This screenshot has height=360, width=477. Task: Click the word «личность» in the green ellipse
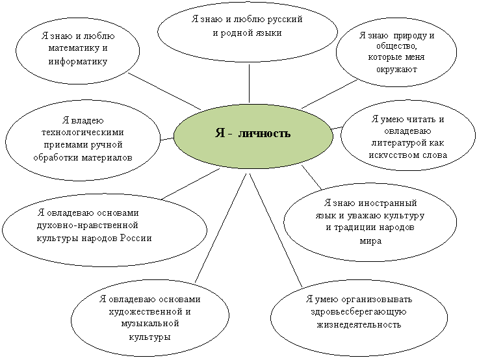(264, 133)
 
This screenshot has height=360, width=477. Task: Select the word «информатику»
(78, 62)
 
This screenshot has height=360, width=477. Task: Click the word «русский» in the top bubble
(285, 19)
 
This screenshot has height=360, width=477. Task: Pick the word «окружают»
(396, 70)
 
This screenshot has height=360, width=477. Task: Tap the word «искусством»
(391, 155)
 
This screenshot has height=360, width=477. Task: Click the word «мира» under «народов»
(370, 241)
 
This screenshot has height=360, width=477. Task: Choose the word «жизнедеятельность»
(359, 324)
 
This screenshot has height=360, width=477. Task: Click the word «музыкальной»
(150, 324)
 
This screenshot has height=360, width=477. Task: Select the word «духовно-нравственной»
(88, 225)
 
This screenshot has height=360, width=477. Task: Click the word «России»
(136, 238)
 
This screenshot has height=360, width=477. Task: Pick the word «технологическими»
(83, 133)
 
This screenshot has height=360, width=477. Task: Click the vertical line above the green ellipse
(249, 83)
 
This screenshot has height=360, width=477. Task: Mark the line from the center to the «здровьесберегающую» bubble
(276, 230)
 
